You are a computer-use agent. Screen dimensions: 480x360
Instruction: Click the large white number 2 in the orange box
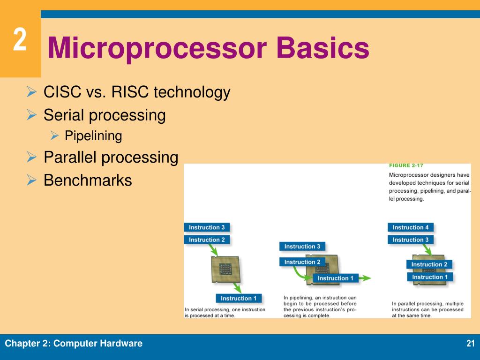point(19,40)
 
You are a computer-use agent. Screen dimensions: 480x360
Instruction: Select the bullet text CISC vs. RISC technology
point(137,92)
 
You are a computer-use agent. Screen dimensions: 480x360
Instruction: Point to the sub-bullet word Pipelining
point(93,136)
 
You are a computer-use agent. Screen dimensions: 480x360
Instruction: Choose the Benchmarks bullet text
point(88,180)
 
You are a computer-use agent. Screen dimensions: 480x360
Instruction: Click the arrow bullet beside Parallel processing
point(32,157)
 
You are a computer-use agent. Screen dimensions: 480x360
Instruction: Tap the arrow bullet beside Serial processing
point(32,115)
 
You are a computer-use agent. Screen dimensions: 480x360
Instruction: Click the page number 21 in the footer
point(471,344)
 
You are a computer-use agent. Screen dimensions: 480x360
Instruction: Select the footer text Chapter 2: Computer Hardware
point(74,344)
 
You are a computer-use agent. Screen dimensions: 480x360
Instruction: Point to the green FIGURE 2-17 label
point(406,165)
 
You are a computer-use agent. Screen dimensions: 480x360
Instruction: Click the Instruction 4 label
point(411,227)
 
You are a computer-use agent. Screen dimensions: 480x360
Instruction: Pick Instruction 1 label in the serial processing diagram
point(239,298)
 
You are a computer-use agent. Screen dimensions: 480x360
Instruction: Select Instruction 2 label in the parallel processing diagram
point(429,264)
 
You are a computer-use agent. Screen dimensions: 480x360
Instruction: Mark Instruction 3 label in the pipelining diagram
point(302,246)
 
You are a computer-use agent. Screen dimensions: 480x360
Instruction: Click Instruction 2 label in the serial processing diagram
point(207,240)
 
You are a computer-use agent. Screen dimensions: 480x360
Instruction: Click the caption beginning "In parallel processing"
point(427,309)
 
